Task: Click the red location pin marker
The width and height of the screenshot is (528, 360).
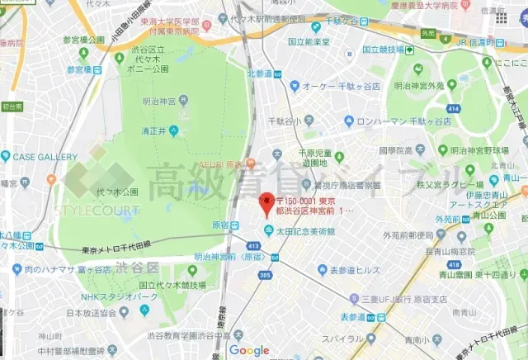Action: click(266, 203)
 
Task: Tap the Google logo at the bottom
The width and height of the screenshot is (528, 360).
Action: click(249, 351)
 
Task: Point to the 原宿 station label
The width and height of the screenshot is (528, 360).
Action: click(220, 225)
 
